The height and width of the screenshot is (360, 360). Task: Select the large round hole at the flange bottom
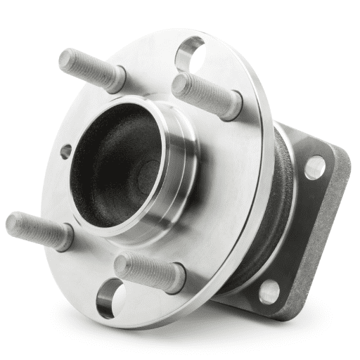110,298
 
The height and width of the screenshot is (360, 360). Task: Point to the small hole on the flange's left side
65,151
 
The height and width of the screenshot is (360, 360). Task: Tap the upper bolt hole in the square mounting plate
315,167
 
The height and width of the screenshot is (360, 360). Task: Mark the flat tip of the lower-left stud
13,223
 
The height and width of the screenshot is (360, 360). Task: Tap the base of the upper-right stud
233,103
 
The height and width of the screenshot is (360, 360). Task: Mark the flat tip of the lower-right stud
122,264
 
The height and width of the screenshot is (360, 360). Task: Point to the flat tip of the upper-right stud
180,84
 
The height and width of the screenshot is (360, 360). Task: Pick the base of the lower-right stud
176,279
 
